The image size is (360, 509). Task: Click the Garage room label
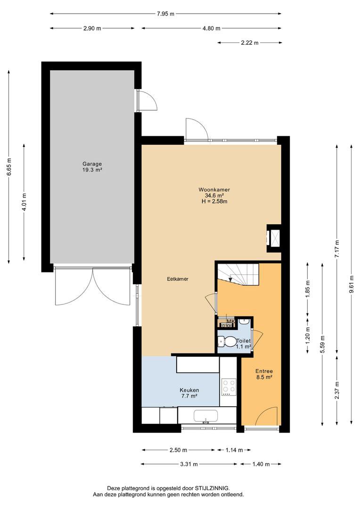coord(92,164)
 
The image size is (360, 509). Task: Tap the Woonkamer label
coord(214,189)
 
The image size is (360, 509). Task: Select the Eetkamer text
coord(178,279)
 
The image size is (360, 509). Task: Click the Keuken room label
coord(189,390)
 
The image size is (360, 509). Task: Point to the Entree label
coord(264,371)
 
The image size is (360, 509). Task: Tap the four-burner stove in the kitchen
coord(228,386)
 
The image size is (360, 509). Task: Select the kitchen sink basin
coord(205,416)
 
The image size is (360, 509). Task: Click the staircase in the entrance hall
coord(238,274)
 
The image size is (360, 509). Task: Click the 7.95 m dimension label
coord(165,14)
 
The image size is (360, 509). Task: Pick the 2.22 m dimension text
coord(250,42)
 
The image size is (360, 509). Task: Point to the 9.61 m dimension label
coord(352,284)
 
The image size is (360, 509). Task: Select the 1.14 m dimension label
coord(234,450)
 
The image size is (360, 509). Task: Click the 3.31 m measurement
coord(189,464)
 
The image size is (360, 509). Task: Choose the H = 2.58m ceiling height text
coord(214,201)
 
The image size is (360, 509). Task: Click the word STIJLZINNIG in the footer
coord(212,488)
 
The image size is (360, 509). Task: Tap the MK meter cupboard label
coord(230,321)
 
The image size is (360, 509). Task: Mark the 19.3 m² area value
coord(92,170)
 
